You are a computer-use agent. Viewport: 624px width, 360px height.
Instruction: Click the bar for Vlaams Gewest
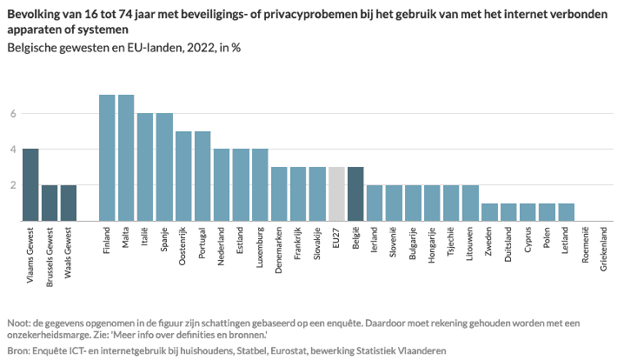[30, 184]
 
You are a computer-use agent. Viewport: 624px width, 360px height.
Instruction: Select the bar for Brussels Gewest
[50, 203]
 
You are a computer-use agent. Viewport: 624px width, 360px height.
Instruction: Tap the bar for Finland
[107, 157]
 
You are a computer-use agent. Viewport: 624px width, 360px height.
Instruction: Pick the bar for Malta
[126, 157]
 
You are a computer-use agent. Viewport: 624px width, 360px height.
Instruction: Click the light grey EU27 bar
[336, 194]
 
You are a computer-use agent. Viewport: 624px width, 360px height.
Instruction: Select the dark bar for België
[355, 194]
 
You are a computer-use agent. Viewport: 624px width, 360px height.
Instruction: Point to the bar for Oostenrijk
[183, 176]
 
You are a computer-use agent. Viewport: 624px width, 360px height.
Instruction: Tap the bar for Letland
[566, 211]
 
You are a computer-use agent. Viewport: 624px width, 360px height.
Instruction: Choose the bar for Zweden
[489, 211]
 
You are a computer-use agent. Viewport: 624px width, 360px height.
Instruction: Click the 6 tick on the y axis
[13, 113]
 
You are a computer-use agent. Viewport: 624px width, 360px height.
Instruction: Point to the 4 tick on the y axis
[13, 149]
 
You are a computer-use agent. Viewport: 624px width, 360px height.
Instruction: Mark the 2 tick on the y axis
[13, 184]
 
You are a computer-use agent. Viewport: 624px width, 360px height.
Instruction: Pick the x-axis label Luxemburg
[260, 251]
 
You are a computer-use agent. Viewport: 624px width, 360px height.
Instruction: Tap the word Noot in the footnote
[18, 322]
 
